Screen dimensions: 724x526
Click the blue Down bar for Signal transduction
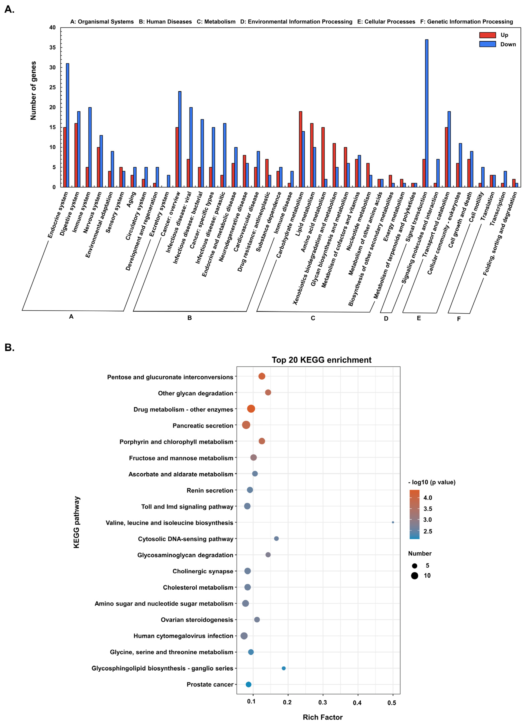(x=426, y=113)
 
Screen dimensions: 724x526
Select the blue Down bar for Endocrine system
(x=67, y=125)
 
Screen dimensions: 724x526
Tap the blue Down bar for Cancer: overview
(x=180, y=139)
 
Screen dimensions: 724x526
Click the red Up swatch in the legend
(x=487, y=35)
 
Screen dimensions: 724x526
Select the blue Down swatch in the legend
(x=487, y=44)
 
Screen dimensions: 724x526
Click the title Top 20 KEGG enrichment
(x=321, y=360)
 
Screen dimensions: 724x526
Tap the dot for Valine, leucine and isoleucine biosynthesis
(x=393, y=522)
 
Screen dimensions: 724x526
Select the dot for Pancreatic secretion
(x=246, y=425)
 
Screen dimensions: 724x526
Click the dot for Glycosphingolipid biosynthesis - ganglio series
(x=283, y=668)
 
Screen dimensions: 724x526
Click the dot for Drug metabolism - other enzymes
(x=251, y=409)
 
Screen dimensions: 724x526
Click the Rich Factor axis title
(x=323, y=717)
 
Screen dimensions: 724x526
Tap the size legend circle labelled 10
(x=415, y=576)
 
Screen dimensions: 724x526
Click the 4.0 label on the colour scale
(x=428, y=498)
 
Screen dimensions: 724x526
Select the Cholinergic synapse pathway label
(x=203, y=571)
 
